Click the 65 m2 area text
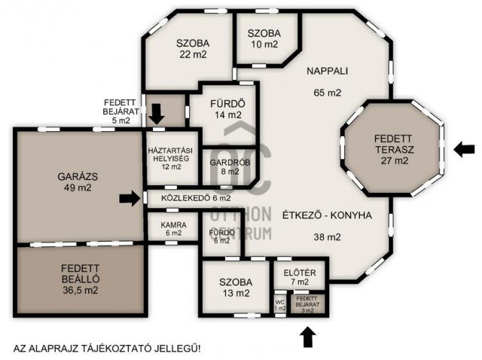[x=327, y=93]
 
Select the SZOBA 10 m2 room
[x=264, y=39]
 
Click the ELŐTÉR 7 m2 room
[x=288, y=276]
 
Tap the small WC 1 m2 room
[x=280, y=304]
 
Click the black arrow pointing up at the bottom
[x=307, y=337]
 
